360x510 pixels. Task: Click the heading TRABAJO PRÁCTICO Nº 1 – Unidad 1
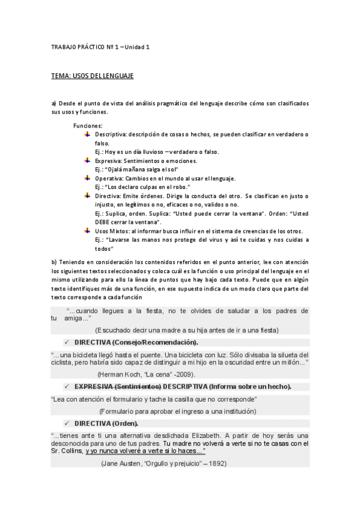(x=100, y=47)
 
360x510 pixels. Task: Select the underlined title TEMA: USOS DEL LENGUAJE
(x=92, y=76)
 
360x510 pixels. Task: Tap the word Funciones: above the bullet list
(x=88, y=126)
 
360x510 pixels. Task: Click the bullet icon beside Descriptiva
(x=87, y=134)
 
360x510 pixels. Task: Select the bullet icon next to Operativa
(x=87, y=178)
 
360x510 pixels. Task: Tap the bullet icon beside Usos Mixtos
(x=87, y=231)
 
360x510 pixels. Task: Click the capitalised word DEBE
(x=105, y=223)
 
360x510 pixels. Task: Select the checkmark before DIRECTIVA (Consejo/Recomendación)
(x=67, y=342)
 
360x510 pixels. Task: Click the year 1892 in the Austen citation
(x=218, y=464)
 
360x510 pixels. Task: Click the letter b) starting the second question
(x=54, y=262)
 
